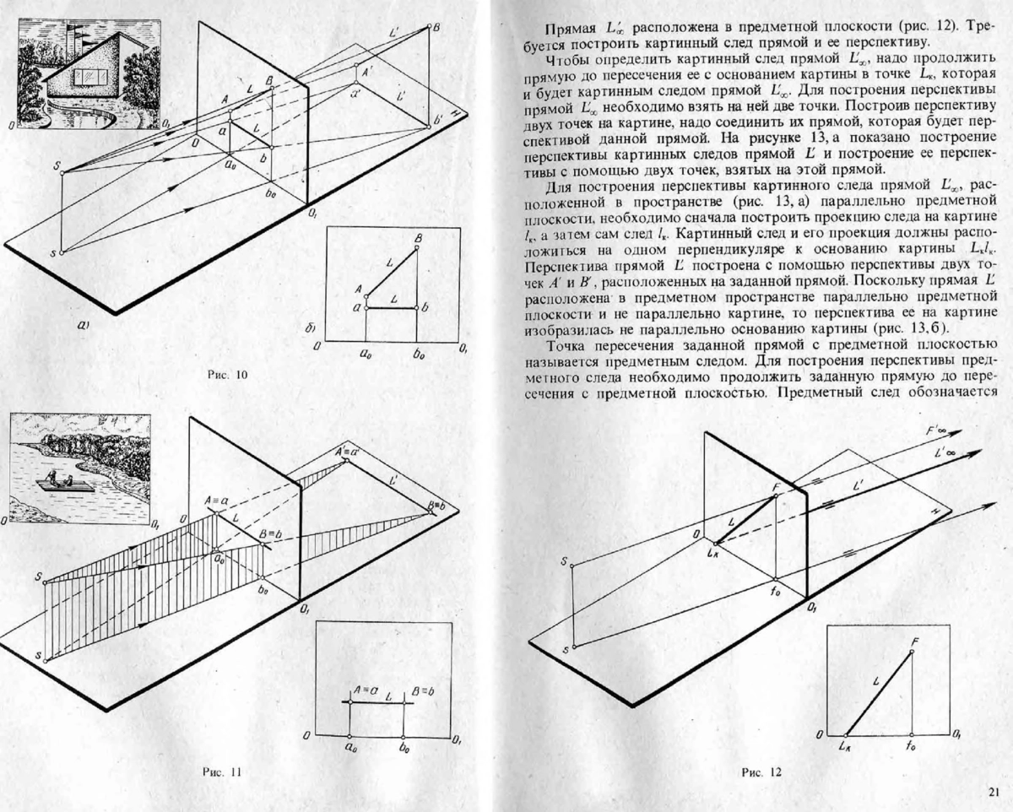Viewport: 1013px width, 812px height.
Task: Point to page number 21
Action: point(993,791)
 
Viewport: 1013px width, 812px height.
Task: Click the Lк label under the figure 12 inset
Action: point(844,747)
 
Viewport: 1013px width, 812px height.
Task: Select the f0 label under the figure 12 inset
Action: point(911,747)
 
